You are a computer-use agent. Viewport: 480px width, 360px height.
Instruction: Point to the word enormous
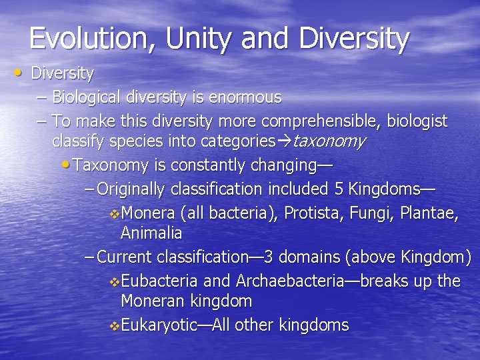(245, 97)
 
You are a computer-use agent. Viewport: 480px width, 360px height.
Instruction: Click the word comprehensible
(324, 121)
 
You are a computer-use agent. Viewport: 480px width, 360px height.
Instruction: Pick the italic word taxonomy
(329, 141)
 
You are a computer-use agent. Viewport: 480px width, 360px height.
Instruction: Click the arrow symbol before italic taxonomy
(284, 141)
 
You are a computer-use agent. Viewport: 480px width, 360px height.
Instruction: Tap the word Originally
(131, 189)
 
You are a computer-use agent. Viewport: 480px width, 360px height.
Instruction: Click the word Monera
(149, 213)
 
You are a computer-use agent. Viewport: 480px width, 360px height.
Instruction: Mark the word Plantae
(431, 213)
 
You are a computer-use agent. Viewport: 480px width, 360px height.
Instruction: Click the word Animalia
(151, 233)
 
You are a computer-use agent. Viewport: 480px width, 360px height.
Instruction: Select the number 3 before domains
(268, 257)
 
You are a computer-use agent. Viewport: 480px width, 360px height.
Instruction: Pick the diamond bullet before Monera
(114, 214)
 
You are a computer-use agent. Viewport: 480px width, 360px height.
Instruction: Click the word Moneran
(151, 301)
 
